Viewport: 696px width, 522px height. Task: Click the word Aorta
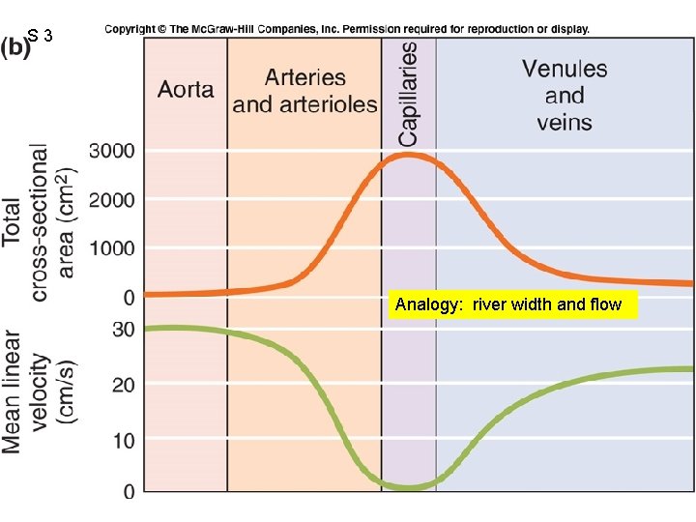tap(187, 89)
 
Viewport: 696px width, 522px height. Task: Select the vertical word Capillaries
tap(409, 94)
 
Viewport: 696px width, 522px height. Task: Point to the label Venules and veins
tap(565, 95)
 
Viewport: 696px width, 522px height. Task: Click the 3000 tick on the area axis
tap(112, 152)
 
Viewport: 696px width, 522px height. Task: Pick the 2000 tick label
tap(112, 200)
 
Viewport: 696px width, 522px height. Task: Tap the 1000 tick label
tap(112, 248)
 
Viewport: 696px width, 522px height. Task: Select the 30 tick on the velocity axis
tap(124, 330)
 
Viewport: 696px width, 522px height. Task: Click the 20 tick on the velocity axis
tap(124, 385)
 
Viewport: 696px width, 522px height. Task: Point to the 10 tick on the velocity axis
tap(124, 440)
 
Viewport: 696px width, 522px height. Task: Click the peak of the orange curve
tap(408, 155)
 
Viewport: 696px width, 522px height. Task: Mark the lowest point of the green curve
tap(408, 486)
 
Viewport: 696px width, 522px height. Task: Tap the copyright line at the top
tap(347, 30)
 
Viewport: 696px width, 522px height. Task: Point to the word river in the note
tap(489, 305)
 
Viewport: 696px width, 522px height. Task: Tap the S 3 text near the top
tap(45, 37)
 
